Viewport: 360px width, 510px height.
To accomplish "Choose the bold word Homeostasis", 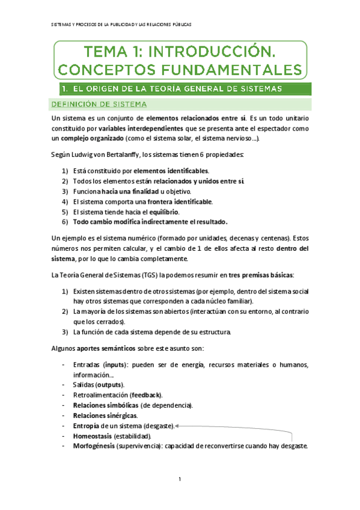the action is click(x=90, y=435).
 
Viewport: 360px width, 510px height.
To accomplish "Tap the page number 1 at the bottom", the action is click(x=180, y=479).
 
